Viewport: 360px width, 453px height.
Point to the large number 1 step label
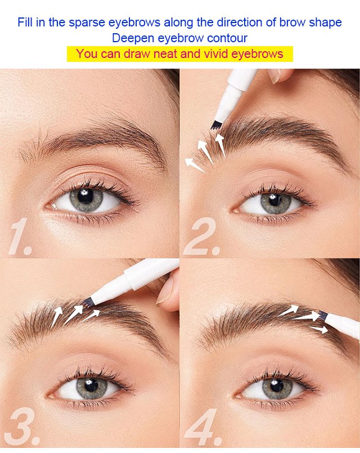[x=20, y=236]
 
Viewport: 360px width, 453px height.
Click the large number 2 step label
[x=202, y=236]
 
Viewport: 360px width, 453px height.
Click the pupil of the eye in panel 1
[x=85, y=196]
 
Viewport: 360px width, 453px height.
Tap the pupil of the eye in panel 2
[x=275, y=200]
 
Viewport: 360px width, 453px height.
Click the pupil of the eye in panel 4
[x=277, y=385]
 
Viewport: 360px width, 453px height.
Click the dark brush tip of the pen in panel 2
[x=215, y=125]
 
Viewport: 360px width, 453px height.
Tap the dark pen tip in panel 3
[x=87, y=302]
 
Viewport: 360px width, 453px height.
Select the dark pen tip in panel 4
[x=323, y=315]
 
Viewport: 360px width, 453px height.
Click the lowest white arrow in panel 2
[x=195, y=165]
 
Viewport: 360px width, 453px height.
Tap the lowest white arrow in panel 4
[x=318, y=329]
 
